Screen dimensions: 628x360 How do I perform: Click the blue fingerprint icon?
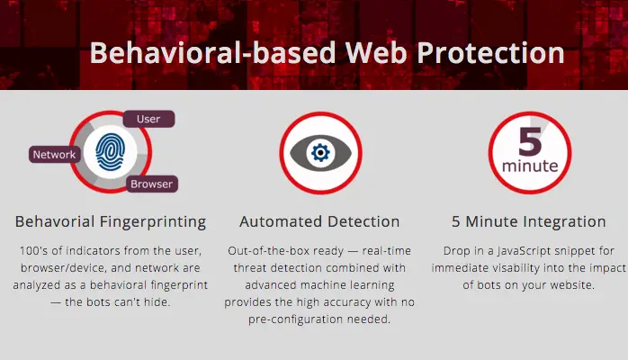[x=110, y=152]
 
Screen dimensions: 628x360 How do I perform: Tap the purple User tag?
[x=148, y=119]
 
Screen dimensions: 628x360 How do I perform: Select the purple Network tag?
[x=55, y=155]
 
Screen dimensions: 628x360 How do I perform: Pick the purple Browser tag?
[x=152, y=184]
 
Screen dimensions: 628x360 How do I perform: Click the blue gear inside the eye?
[x=320, y=153]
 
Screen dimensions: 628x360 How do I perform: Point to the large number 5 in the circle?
[x=530, y=141]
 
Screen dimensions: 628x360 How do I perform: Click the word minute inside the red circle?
[x=530, y=166]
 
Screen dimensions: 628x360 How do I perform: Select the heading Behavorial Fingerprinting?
[x=111, y=221]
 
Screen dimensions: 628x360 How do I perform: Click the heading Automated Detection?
[x=319, y=221]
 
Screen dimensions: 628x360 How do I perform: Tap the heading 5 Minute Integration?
[x=529, y=221]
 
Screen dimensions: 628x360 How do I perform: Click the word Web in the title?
[x=376, y=53]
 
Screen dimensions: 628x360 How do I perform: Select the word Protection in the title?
[x=490, y=53]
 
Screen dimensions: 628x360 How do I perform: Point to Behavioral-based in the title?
[x=212, y=53]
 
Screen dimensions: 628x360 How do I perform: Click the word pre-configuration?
[x=296, y=319]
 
